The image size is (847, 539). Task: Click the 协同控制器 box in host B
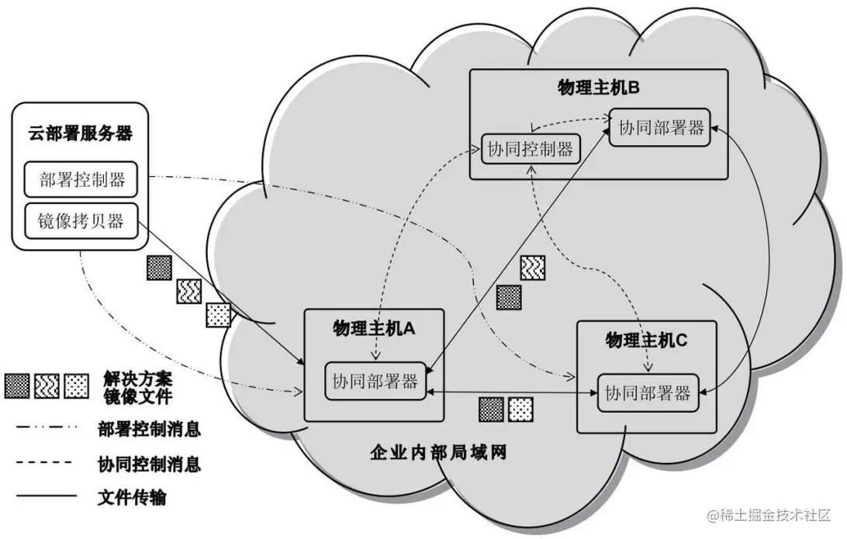click(531, 149)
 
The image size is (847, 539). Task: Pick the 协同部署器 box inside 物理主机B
click(662, 127)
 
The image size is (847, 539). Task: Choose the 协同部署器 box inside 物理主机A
click(375, 381)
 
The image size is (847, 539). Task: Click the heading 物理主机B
click(598, 87)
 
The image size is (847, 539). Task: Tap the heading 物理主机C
click(646, 340)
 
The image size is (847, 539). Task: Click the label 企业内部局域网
click(438, 453)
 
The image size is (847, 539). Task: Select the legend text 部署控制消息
click(150, 428)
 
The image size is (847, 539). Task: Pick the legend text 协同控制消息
click(150, 464)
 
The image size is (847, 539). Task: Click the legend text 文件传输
click(133, 496)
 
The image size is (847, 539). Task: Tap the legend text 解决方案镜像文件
click(137, 388)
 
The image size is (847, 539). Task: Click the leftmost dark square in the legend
click(17, 385)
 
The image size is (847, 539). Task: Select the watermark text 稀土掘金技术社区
click(776, 515)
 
